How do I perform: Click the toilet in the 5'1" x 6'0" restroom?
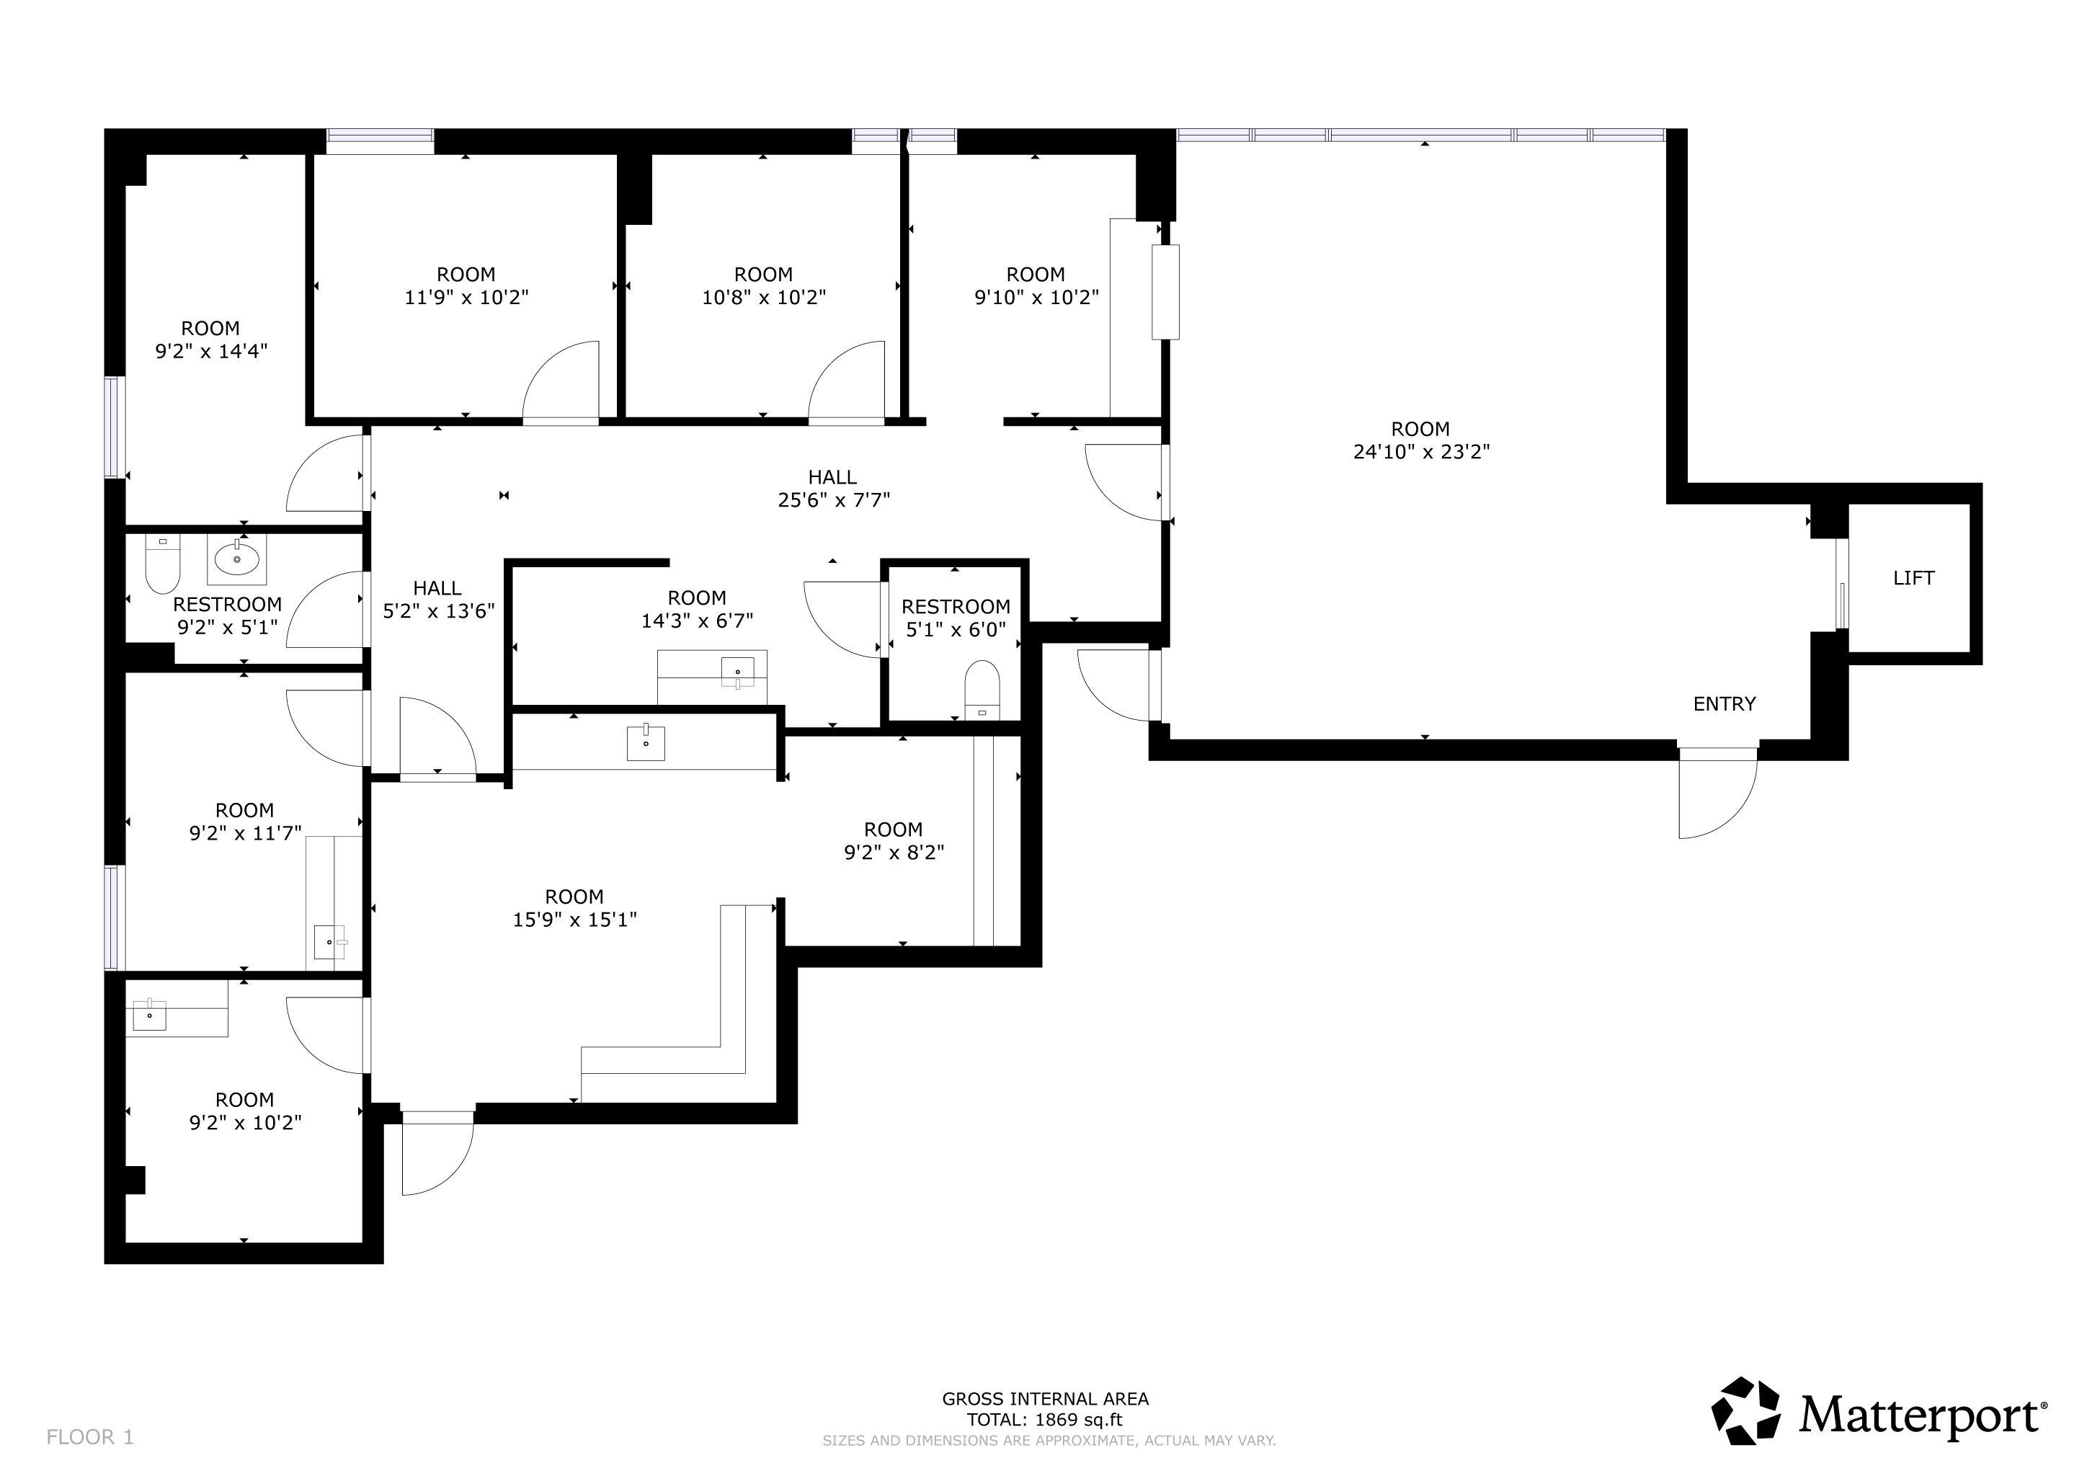point(982,690)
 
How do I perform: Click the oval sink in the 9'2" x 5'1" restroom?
point(237,558)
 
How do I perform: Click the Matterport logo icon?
point(1745,1410)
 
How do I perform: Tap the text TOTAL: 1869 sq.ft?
point(1044,1420)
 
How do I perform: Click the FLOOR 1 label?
point(90,1437)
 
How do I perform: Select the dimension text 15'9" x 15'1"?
point(574,920)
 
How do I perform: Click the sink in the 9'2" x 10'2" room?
point(150,1014)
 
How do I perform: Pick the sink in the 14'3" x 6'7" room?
point(737,672)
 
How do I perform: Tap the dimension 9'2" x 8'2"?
point(894,853)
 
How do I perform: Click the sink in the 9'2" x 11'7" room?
point(329,941)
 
